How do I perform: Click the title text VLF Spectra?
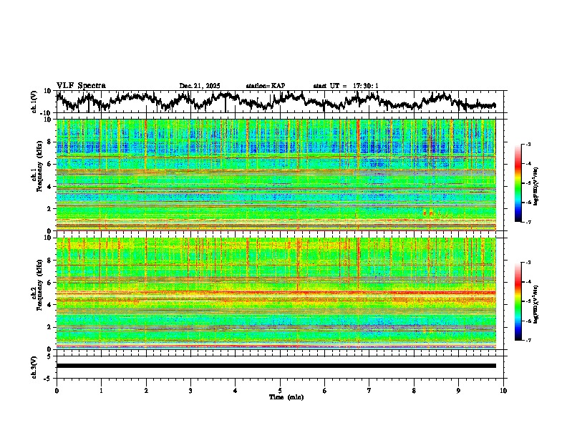click(81, 86)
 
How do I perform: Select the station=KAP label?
click(265, 86)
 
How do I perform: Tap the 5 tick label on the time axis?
click(280, 390)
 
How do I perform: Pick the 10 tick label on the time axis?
click(503, 390)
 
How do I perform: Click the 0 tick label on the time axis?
click(57, 390)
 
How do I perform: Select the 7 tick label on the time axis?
click(369, 390)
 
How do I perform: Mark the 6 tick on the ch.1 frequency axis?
click(50, 164)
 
